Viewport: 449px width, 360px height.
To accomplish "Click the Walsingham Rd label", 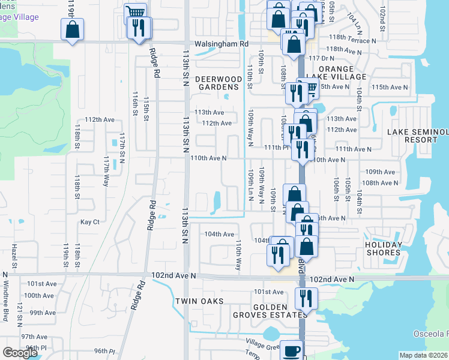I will pos(221,44).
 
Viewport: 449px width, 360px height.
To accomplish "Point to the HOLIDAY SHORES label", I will pos(382,248).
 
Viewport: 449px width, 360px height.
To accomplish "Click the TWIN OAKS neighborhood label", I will pos(199,301).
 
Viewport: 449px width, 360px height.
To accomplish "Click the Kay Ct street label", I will pos(89,221).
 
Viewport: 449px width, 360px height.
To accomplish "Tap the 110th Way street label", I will pos(238,255).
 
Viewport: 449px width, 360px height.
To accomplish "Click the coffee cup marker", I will pos(292,351).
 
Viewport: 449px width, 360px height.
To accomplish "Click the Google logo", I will pos(20,353).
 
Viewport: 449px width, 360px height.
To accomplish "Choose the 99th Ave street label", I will pos(43,312).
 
